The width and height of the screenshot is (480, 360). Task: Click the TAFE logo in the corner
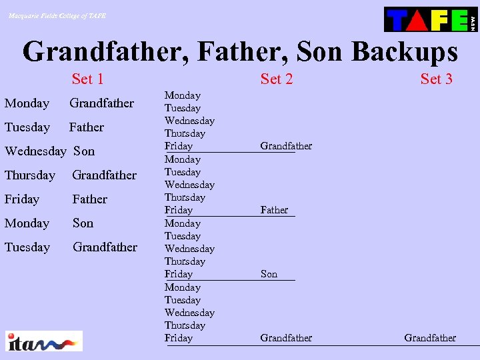click(x=431, y=19)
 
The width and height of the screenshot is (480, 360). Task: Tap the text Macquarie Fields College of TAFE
click(x=57, y=15)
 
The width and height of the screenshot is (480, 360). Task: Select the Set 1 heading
click(x=87, y=79)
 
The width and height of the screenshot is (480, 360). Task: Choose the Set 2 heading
click(x=277, y=79)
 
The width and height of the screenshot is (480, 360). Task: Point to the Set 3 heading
click(x=436, y=79)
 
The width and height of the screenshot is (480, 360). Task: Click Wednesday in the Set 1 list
click(x=35, y=151)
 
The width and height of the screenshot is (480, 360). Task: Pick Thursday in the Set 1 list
click(x=30, y=175)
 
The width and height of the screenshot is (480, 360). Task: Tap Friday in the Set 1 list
click(x=22, y=199)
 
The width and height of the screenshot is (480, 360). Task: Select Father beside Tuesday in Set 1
click(x=87, y=127)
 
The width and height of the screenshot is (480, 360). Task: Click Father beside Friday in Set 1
click(x=90, y=199)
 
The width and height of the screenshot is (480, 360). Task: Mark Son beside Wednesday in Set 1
click(x=84, y=151)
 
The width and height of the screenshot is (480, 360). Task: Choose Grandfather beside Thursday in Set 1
click(x=105, y=175)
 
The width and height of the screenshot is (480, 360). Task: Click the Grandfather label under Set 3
click(x=430, y=338)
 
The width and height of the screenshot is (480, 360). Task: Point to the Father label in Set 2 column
click(x=274, y=210)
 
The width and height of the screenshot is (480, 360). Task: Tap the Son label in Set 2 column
click(x=269, y=274)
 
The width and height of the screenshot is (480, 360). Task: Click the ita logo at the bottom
click(x=44, y=341)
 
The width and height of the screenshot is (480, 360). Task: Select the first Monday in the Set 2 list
click(x=183, y=96)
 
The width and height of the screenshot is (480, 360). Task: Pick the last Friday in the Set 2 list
click(x=179, y=338)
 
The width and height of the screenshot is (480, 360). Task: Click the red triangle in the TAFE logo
click(x=418, y=20)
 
